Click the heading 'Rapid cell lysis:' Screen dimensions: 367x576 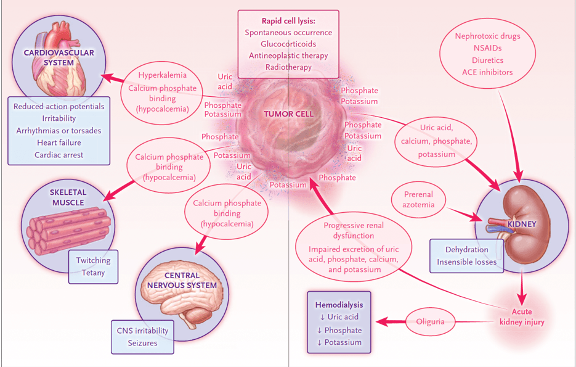[x=288, y=20]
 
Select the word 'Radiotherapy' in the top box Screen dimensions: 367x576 [x=288, y=67]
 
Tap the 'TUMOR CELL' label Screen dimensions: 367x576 [x=289, y=114]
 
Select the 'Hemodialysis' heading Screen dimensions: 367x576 [x=339, y=305]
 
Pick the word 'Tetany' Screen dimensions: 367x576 [x=93, y=273]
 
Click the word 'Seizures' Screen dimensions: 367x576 [x=142, y=343]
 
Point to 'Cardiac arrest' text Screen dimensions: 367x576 [x=59, y=155]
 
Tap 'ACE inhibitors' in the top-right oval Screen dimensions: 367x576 [x=487, y=72]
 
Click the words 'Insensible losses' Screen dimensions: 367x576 [x=467, y=262]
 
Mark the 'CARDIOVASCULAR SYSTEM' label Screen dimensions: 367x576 [x=59, y=57]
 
